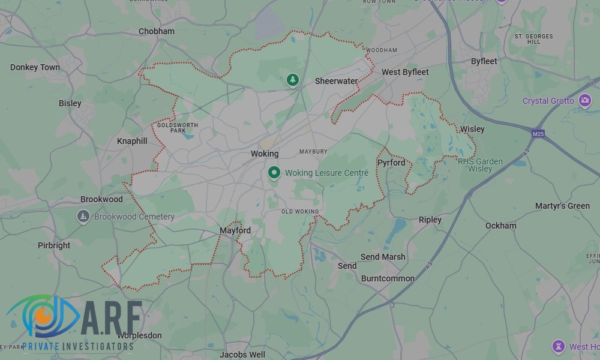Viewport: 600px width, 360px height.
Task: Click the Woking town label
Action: pos(265,154)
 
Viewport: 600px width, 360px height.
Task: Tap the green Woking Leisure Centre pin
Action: pos(274,173)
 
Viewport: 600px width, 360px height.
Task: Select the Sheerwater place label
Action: pos(336,81)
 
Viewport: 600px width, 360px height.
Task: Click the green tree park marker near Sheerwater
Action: pos(293,79)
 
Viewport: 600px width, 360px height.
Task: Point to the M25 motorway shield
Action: pos(538,134)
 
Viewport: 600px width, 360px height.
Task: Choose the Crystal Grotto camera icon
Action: pos(585,101)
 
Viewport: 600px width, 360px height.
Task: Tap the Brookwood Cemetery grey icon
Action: pos(83,216)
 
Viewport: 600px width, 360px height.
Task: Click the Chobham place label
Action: pos(157,31)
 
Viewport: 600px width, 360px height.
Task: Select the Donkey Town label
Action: pos(35,67)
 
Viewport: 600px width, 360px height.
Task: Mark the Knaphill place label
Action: pos(131,141)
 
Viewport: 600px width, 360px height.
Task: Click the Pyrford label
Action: pos(391,163)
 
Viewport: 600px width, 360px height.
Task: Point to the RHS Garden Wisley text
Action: pos(480,165)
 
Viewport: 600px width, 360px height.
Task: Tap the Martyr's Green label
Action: pos(562,206)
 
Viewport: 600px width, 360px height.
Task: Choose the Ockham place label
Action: pos(500,226)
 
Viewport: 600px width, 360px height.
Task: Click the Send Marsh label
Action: pos(383,257)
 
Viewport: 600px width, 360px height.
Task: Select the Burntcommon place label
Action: pos(388,278)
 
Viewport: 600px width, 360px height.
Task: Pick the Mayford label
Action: pos(235,230)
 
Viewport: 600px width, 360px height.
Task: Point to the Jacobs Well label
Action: pos(242,355)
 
